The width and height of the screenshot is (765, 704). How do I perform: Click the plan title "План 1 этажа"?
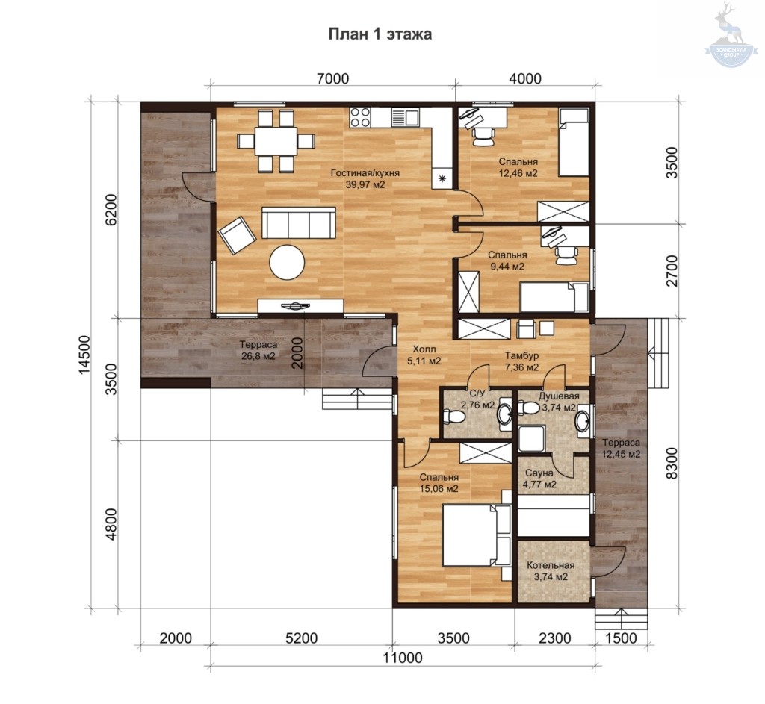pyautogui.click(x=380, y=34)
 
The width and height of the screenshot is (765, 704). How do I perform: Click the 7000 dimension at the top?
pyautogui.click(x=332, y=78)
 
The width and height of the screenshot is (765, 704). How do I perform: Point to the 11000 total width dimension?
pyautogui.click(x=403, y=658)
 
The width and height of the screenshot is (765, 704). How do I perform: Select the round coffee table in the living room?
pyautogui.click(x=288, y=262)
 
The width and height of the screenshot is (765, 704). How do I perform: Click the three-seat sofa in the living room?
pyautogui.click(x=299, y=222)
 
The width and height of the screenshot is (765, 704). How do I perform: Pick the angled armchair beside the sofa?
pyautogui.click(x=237, y=234)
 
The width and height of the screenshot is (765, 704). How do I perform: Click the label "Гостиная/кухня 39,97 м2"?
pyautogui.click(x=365, y=178)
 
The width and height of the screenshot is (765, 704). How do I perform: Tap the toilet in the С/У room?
pyautogui.click(x=452, y=417)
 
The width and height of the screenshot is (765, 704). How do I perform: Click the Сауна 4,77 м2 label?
pyautogui.click(x=539, y=479)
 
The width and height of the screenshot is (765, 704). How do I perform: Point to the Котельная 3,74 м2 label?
pyautogui.click(x=551, y=571)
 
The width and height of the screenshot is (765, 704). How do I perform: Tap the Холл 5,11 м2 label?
pyautogui.click(x=424, y=355)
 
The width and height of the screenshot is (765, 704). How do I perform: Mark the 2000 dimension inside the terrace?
pyautogui.click(x=297, y=352)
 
